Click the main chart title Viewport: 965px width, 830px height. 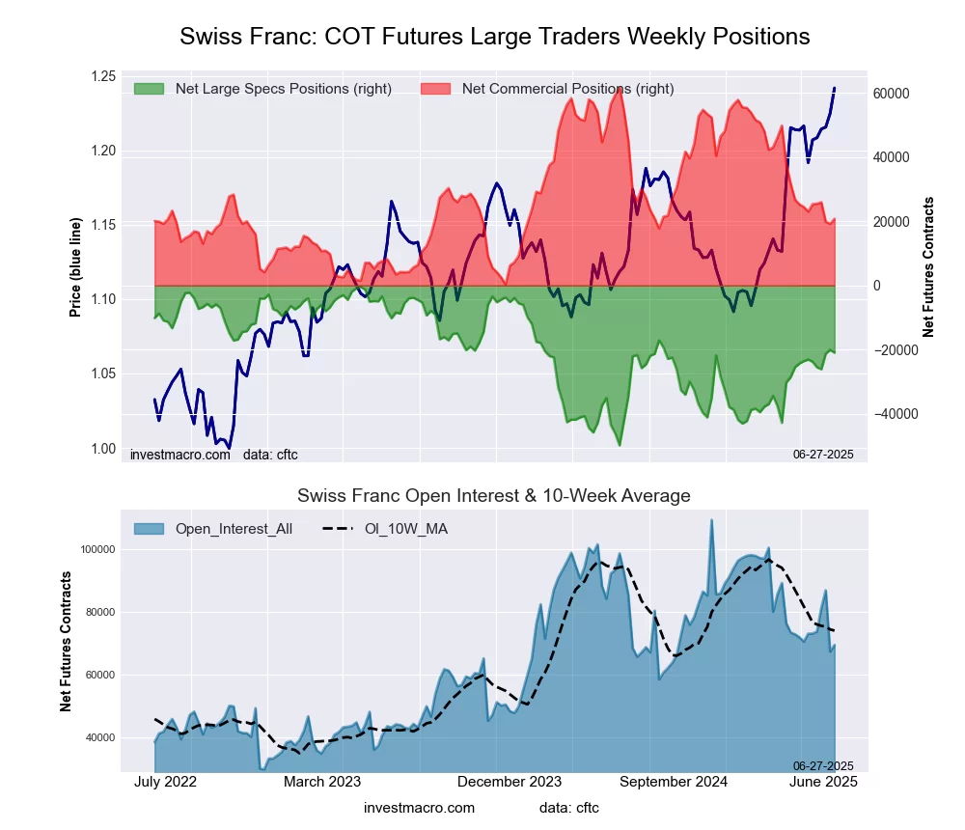click(494, 37)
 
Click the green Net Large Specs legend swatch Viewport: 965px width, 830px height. click(149, 89)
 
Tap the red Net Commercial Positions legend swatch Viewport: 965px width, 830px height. click(436, 89)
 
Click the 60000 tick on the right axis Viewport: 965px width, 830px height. click(893, 94)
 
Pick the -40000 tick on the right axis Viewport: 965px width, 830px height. click(893, 414)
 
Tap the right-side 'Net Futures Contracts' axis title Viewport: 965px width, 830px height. click(929, 266)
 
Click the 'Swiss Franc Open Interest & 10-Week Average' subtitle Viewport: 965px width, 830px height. click(494, 496)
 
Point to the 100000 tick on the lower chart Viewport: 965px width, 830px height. click(96, 549)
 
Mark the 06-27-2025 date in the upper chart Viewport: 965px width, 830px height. click(823, 454)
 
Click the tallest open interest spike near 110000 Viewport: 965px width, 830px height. click(712, 521)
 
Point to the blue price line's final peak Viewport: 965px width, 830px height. click(834, 89)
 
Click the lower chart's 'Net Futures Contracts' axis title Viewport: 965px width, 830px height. click(67, 642)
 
